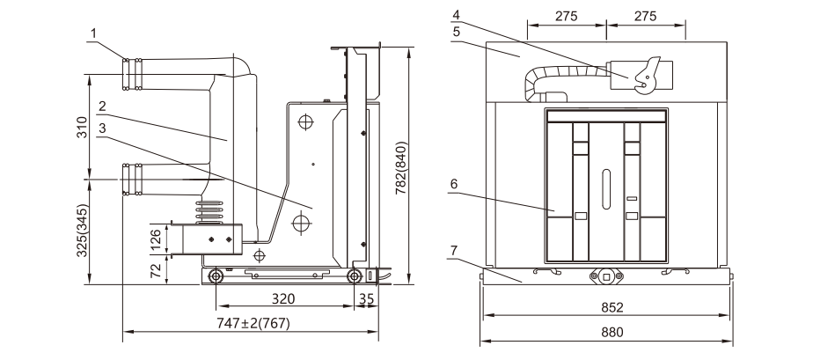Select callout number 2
pyautogui.click(x=102, y=106)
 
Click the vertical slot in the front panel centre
pyautogui.click(x=605, y=187)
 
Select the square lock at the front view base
pyautogui.click(x=606, y=276)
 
